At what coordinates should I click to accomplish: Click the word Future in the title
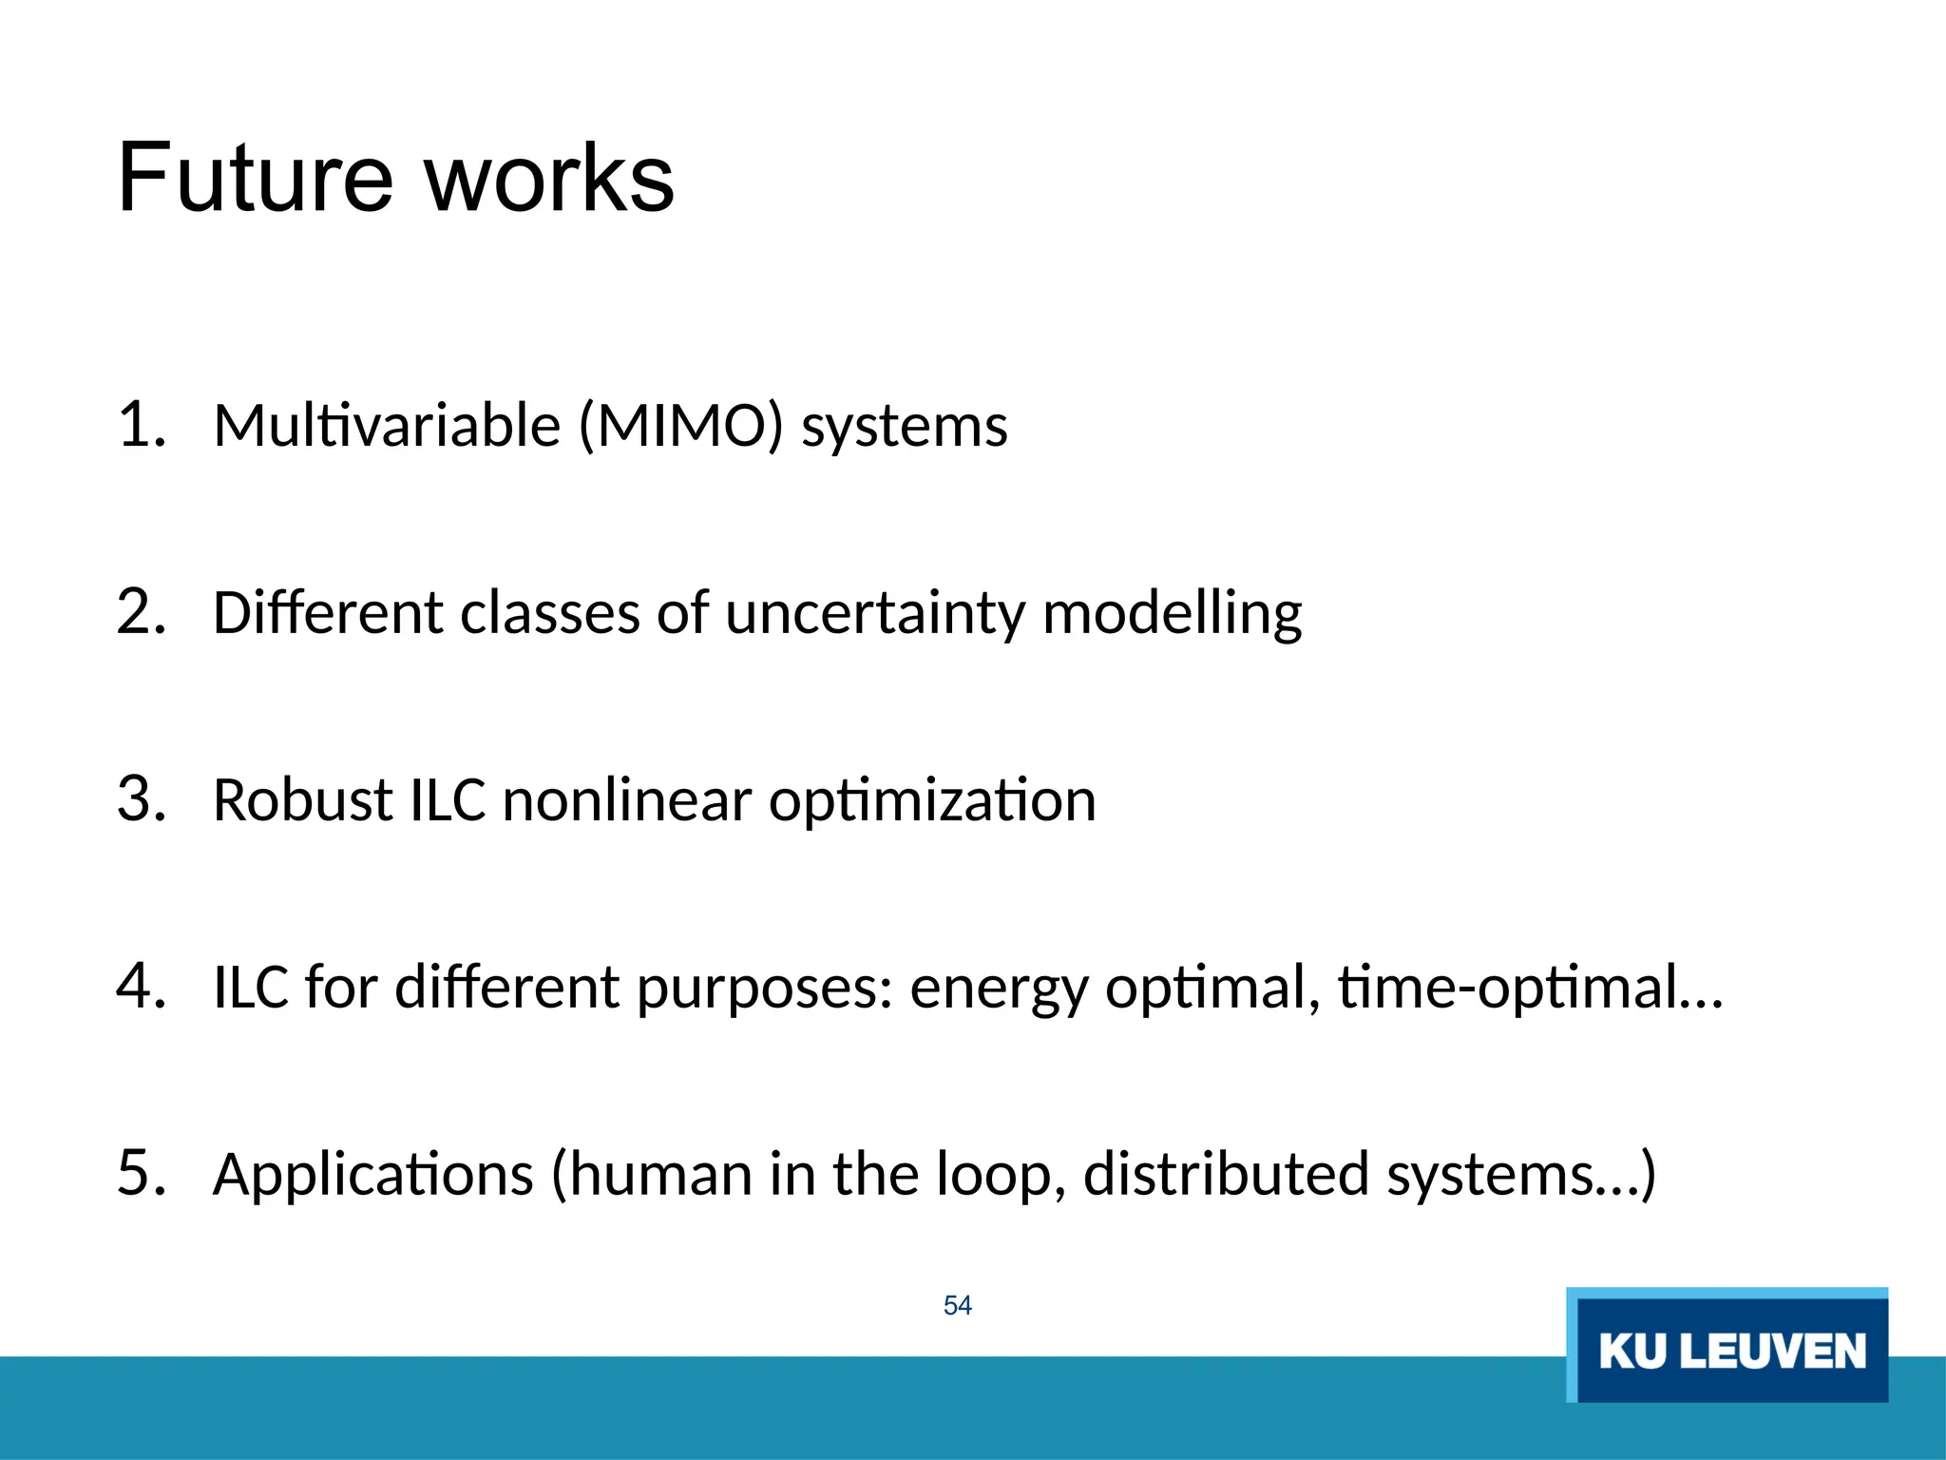point(255,179)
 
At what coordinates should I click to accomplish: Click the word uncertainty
point(875,613)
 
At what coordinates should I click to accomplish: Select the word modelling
point(1172,613)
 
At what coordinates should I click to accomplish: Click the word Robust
point(303,799)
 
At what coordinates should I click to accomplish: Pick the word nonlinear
point(627,799)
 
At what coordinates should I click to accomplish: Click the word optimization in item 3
point(932,801)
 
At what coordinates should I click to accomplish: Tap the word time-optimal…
point(1530,987)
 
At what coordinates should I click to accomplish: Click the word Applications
point(373,1175)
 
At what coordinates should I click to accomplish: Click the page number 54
point(957,1305)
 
